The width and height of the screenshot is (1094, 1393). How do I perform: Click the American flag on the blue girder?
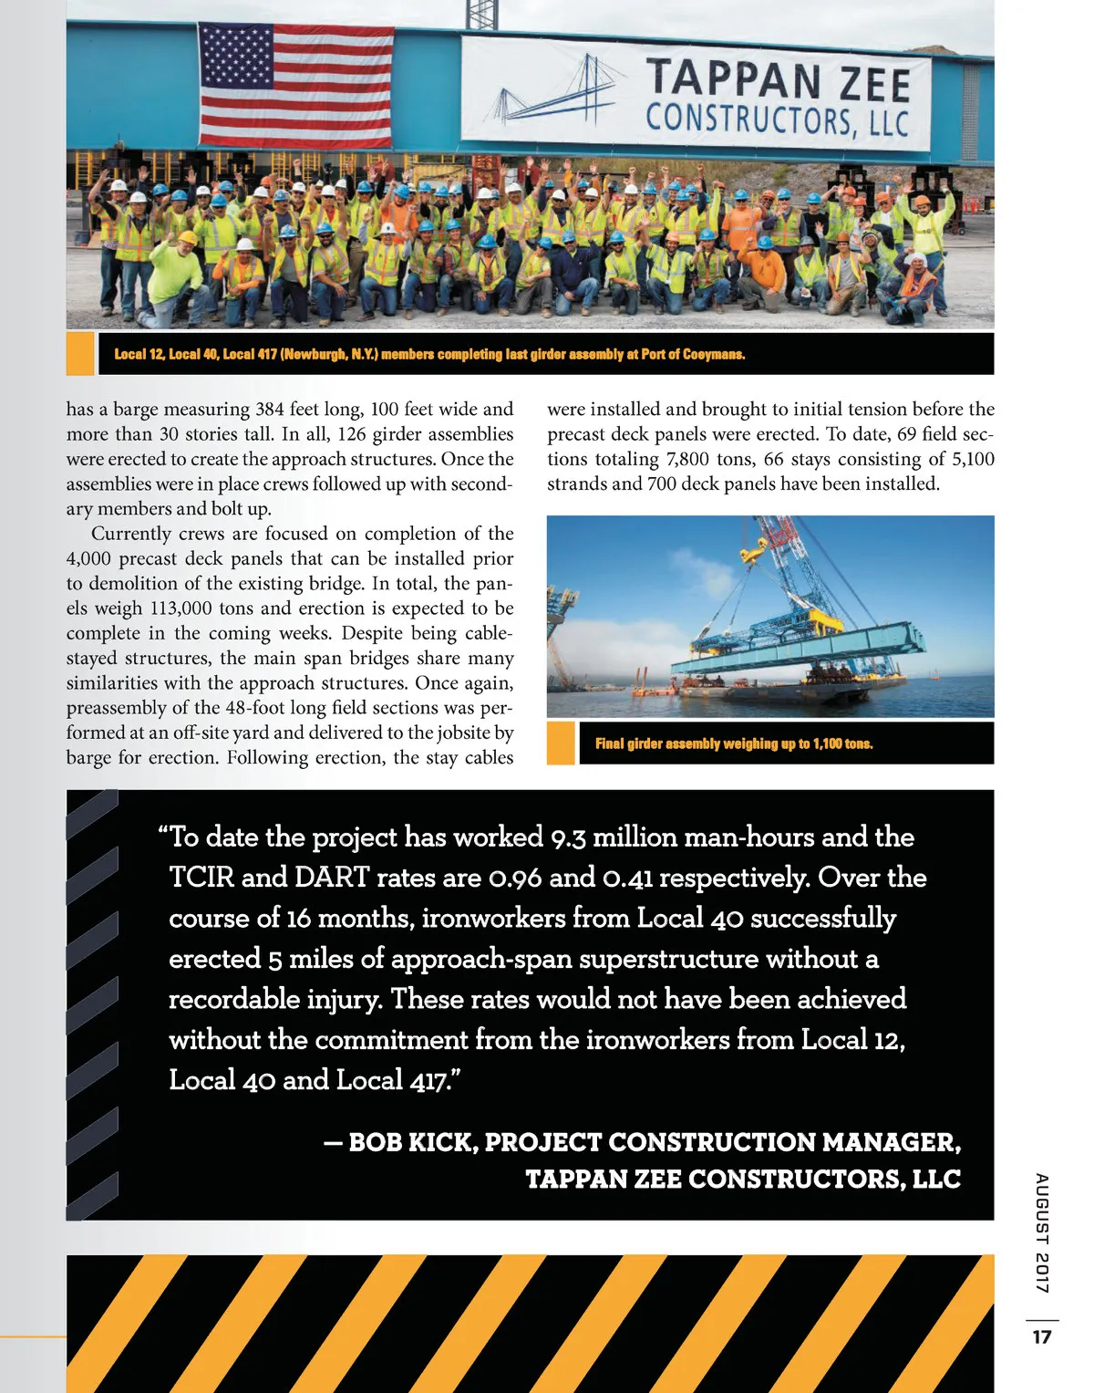click(296, 86)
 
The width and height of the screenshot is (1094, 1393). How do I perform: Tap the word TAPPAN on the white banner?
click(720, 79)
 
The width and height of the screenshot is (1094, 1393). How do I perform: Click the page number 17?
click(1041, 1336)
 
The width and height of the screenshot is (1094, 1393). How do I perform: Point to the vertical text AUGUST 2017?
click(1041, 1232)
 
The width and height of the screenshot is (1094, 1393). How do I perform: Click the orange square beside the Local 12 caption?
click(80, 354)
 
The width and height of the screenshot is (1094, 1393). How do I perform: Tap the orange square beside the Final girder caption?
click(561, 743)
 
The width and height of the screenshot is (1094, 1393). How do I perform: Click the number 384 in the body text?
click(270, 409)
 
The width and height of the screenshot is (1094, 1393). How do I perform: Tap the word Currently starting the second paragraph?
click(131, 534)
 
